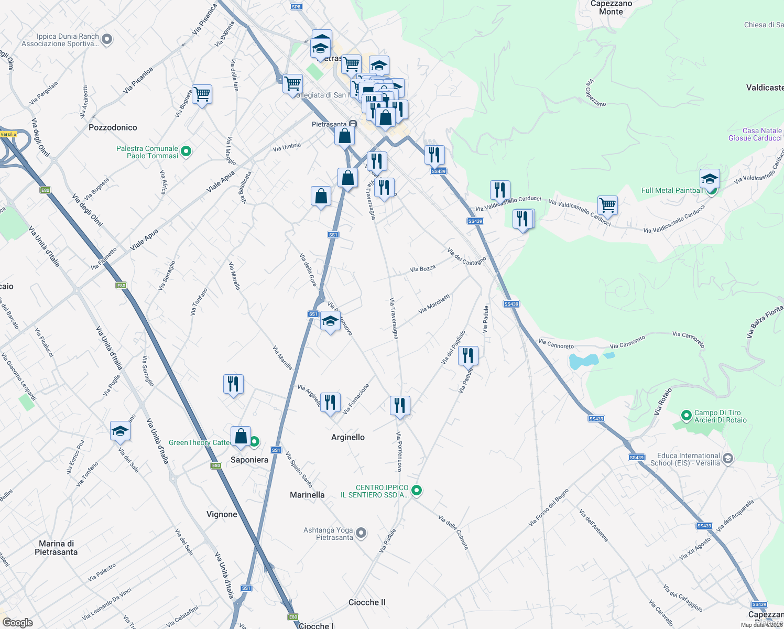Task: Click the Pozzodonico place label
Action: coord(113,127)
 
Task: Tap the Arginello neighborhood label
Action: coord(348,437)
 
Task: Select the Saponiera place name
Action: coord(249,460)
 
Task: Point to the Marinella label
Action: coord(307,495)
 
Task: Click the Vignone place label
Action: coord(222,514)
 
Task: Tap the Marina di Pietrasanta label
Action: coord(56,548)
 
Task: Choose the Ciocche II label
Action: coord(367,602)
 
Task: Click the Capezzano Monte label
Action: coord(611,7)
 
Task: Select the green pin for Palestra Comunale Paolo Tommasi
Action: coord(186,152)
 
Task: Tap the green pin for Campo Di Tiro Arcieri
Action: coord(686,416)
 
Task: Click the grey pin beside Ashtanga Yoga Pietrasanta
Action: coord(361,534)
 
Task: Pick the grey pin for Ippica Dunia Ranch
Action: coord(106,39)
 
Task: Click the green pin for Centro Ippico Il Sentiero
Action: coord(417,491)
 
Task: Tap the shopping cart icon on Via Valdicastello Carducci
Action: coord(607,205)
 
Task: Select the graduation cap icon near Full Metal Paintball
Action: coord(710,179)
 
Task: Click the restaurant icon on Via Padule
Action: coord(468,355)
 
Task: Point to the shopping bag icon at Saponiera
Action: coord(241,436)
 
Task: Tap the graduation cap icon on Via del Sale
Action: coord(120,431)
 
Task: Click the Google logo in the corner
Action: coord(17,623)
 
